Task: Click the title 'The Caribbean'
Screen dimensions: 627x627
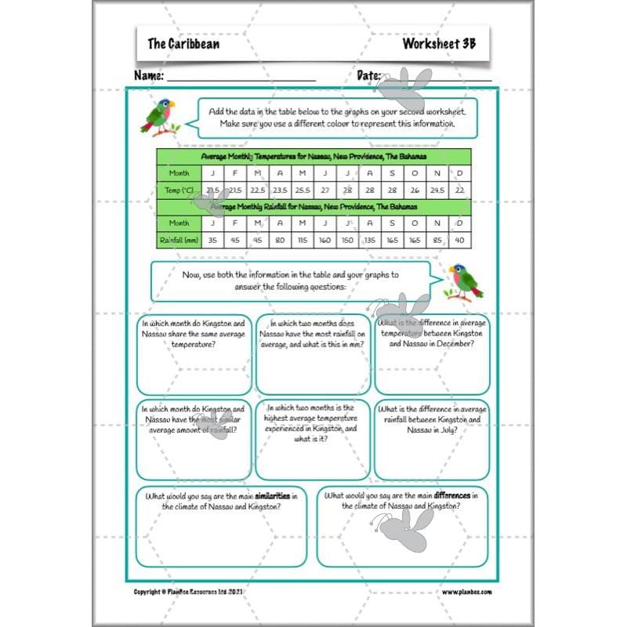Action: (x=183, y=44)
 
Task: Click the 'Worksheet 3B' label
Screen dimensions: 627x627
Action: (x=439, y=44)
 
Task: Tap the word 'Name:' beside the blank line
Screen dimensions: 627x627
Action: (x=149, y=76)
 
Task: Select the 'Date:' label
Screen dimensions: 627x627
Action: (x=369, y=76)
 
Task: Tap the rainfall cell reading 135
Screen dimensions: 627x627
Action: (x=370, y=240)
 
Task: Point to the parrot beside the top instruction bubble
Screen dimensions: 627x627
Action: (x=158, y=115)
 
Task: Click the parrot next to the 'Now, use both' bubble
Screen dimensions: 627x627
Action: (x=464, y=281)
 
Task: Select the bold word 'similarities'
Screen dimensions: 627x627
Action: (x=277, y=496)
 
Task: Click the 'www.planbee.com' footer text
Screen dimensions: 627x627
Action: (x=466, y=592)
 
